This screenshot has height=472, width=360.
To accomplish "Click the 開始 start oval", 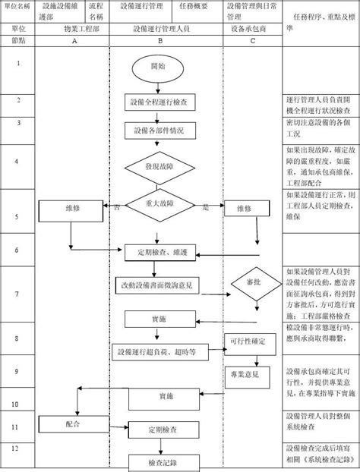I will (x=158, y=68).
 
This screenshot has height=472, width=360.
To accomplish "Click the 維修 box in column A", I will (x=73, y=207).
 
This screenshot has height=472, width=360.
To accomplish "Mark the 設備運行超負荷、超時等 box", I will (x=157, y=352).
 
